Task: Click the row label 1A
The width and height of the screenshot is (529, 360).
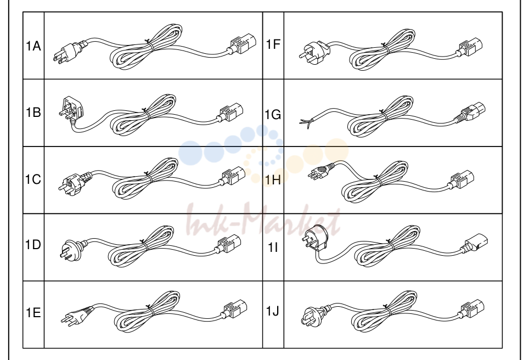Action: pos(33,46)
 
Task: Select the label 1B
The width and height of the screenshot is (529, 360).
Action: pos(33,112)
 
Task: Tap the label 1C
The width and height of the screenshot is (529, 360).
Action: pos(33,179)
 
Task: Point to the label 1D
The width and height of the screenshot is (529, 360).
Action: pos(33,245)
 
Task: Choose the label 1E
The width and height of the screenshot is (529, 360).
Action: pos(33,312)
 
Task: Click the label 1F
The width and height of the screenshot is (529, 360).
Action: pos(273,44)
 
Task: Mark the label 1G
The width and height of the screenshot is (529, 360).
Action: pos(273,115)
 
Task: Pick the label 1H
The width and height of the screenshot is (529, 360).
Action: pos(273,180)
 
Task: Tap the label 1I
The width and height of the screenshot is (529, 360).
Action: pos(273,248)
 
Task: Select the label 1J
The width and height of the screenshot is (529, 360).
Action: pos(273,311)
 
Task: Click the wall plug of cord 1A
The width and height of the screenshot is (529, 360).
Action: pos(68,52)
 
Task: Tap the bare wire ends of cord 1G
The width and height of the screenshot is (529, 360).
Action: pos(305,122)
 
